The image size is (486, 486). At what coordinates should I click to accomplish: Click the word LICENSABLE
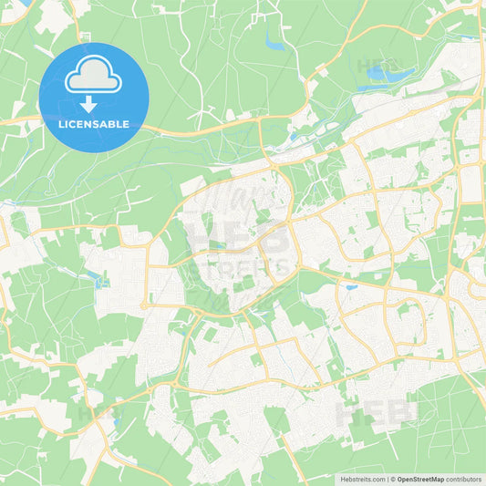pos(94,124)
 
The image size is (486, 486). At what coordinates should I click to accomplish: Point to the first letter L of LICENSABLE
pos(59,124)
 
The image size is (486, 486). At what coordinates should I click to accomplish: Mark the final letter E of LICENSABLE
pos(128,124)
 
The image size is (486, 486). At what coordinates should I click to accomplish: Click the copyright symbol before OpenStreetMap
pos(392,478)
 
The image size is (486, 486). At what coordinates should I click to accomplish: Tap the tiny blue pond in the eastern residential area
pos(351,288)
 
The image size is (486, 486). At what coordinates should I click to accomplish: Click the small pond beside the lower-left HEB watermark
pos(116,421)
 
